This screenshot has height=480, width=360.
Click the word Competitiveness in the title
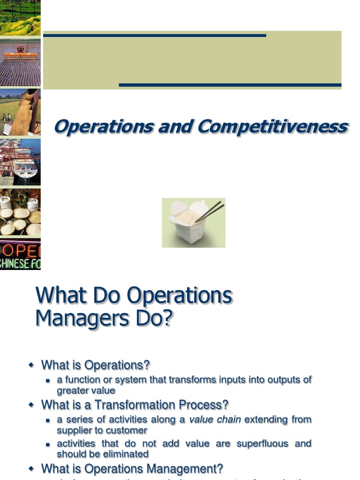273,127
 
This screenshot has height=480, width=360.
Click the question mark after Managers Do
167,319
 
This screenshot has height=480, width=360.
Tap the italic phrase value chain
215,420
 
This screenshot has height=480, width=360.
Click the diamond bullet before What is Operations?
31,365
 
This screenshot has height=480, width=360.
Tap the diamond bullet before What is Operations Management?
31,469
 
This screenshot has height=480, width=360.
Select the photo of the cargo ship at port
20,162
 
